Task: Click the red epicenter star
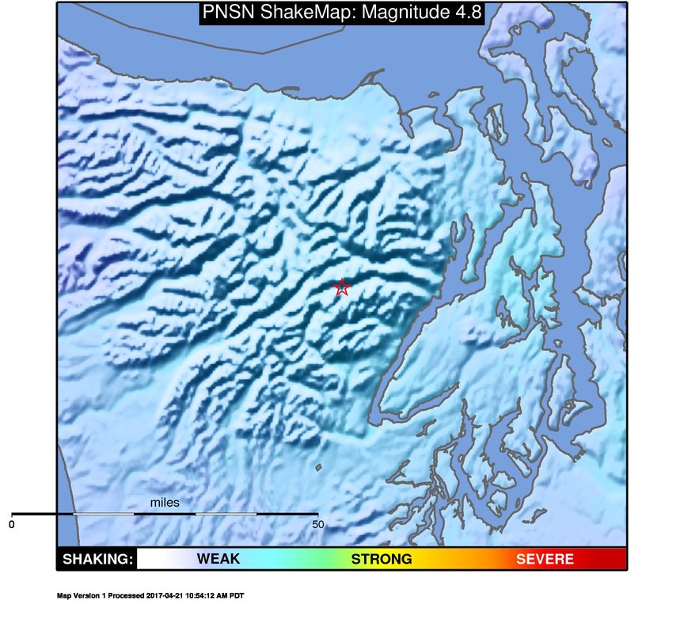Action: [341, 287]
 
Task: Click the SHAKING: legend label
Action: [97, 559]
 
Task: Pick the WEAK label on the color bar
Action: [218, 559]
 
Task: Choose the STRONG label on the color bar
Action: [382, 559]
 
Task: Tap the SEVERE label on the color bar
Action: [545, 559]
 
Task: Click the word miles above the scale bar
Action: [165, 503]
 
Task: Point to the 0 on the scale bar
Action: [12, 524]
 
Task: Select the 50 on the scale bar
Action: [317, 524]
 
